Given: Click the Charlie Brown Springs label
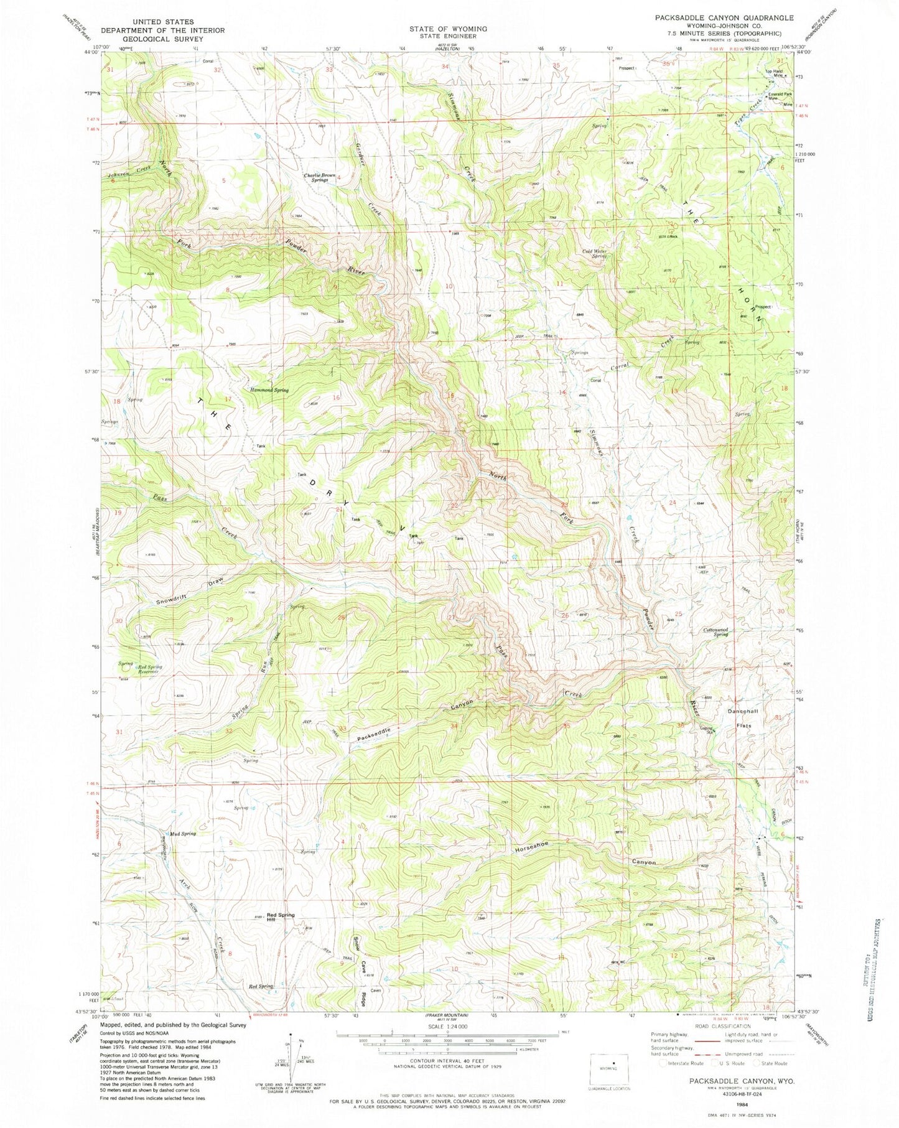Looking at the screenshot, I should pyautogui.click(x=320, y=178).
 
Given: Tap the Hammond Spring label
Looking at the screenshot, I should pyautogui.click(x=269, y=390).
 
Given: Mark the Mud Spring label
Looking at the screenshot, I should pyautogui.click(x=181, y=833).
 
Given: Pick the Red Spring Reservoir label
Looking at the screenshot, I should pyautogui.click(x=149, y=669).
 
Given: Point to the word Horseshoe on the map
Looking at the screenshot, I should pyautogui.click(x=531, y=847).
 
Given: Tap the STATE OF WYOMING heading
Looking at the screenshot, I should pyautogui.click(x=448, y=29).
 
